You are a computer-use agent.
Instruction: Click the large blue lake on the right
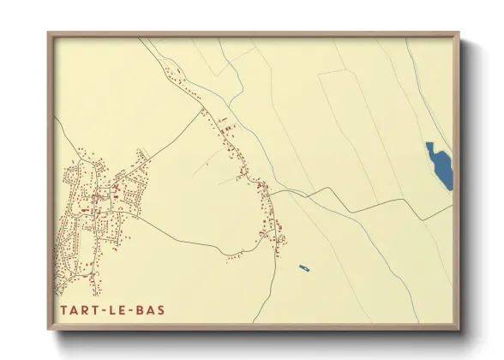click(x=439, y=165)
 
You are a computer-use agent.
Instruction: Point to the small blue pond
click(x=303, y=268)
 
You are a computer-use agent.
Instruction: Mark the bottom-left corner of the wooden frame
click(x=48, y=331)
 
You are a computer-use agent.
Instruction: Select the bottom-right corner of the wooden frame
click(x=459, y=331)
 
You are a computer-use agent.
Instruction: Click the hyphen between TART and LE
click(x=105, y=310)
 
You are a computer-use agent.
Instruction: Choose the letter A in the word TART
click(x=72, y=310)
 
